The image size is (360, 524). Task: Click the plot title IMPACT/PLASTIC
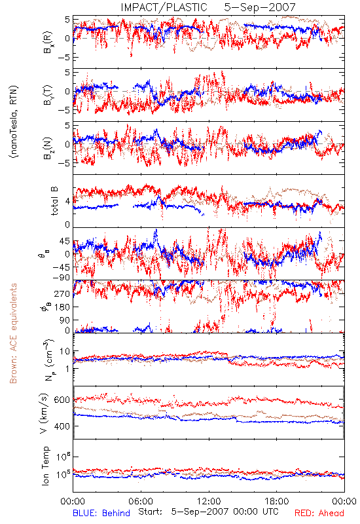tap(164, 7)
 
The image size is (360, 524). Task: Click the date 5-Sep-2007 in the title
tap(260, 7)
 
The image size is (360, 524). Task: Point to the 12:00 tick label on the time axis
tap(209, 501)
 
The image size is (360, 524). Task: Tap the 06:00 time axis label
tap(141, 501)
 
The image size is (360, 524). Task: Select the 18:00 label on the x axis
tap(277, 501)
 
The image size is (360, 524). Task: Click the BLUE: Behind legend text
tap(101, 513)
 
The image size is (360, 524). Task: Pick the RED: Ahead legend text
tap(319, 513)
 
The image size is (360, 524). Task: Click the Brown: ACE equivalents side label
tap(13, 333)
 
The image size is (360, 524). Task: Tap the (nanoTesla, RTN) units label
tap(14, 122)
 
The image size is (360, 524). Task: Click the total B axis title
tap(54, 201)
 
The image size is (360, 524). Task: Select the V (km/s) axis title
tap(44, 413)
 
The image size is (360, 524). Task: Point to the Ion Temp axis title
tap(45, 466)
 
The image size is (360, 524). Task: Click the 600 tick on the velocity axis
tap(62, 400)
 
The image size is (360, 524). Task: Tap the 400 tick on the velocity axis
tap(62, 426)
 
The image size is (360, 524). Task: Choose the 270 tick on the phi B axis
tap(62, 293)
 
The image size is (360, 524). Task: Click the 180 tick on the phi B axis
tap(62, 307)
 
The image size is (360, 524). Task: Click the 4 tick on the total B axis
tap(68, 202)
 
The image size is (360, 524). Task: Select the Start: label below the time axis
tap(151, 512)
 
